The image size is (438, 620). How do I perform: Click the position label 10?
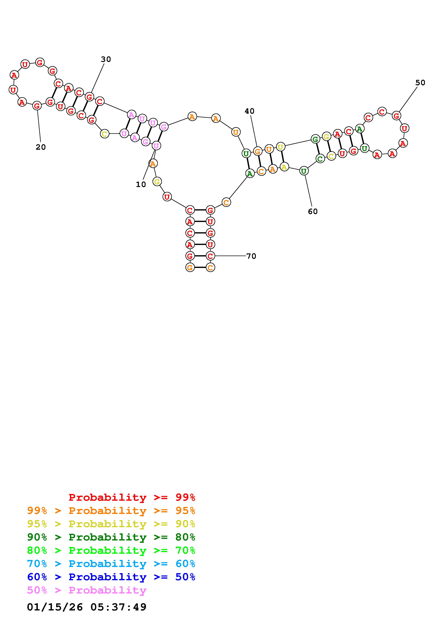pos(141,185)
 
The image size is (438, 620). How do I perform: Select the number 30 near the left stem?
pos(106,59)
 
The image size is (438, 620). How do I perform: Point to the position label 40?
pos(249,111)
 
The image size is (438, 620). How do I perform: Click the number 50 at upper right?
pos(420,83)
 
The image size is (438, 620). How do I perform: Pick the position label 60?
pos(313,211)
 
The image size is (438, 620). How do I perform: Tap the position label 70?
pos(251,256)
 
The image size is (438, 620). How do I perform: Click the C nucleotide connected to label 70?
pos(210,256)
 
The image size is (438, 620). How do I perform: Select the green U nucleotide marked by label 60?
pos(304,171)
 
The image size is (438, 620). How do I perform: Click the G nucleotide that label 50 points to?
pos(396,116)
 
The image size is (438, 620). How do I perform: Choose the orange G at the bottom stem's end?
pos(190,268)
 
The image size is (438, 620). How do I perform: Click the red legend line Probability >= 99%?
pos(132,497)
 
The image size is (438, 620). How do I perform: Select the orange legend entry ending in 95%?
pos(111,511)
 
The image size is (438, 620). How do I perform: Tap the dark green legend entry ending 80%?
pos(111,537)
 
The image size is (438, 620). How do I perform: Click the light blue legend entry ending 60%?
pos(111,564)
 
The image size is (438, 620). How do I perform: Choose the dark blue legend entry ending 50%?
pos(111,577)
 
